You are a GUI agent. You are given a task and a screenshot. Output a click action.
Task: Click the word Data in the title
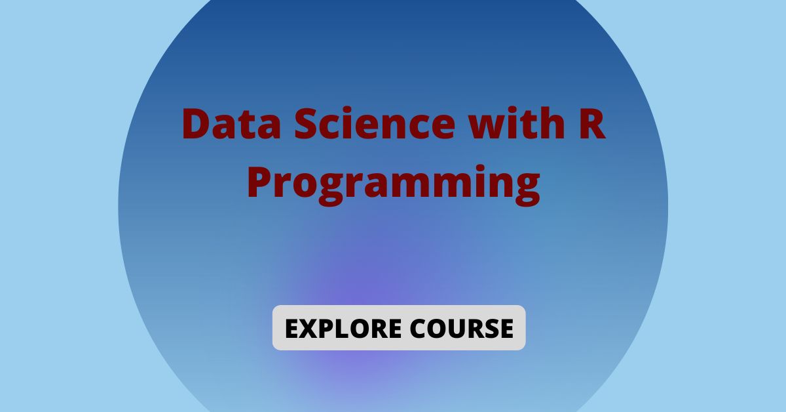coord(232,123)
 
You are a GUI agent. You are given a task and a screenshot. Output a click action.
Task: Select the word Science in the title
coord(375,123)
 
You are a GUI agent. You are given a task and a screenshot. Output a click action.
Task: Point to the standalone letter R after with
coord(592,124)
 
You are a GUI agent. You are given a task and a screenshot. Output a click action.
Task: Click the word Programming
coord(394,185)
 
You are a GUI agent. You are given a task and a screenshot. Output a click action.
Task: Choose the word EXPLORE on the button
coord(343,329)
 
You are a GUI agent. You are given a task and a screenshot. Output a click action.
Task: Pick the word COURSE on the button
coord(462,329)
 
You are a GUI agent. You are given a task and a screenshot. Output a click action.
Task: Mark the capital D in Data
coord(197,124)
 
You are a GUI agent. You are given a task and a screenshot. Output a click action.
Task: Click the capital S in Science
coord(308,124)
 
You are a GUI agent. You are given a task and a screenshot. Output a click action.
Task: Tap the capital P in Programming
coord(261,182)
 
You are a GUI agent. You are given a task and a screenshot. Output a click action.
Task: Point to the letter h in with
coord(552,123)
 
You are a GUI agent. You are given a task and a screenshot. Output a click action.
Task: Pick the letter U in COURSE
coord(458,329)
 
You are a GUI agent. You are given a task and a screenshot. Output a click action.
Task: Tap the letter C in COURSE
coord(419,329)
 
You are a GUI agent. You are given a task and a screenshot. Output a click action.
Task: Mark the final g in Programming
coord(527,190)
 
